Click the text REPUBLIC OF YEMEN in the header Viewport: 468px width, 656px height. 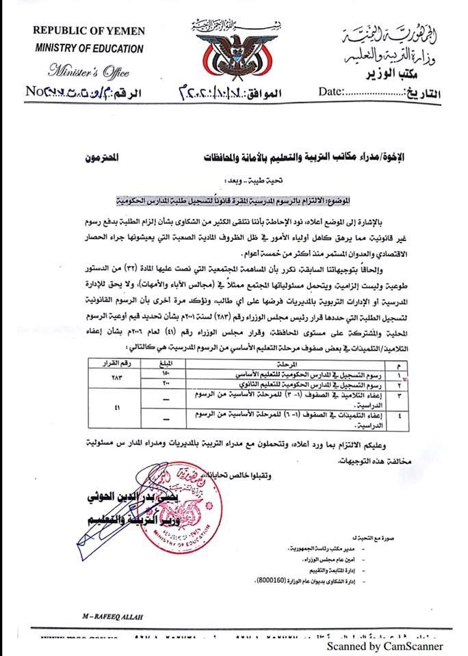[87, 32]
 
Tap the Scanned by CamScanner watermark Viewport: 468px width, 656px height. [385, 646]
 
